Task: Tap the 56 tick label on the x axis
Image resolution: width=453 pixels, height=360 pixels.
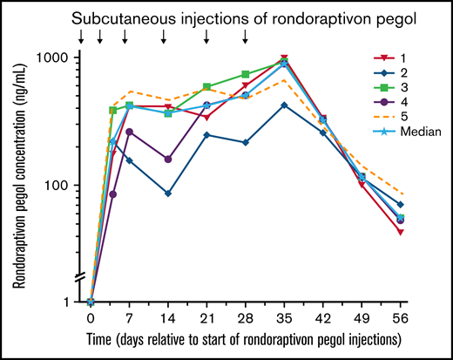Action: point(399,317)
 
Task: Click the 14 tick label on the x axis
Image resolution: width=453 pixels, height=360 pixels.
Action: point(167,317)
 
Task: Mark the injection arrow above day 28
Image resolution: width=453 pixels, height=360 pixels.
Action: point(246,36)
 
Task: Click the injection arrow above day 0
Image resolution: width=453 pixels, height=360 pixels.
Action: point(81,36)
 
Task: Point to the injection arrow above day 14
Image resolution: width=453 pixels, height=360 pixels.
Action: point(165,36)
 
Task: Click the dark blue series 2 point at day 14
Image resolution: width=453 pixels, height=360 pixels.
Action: point(168,194)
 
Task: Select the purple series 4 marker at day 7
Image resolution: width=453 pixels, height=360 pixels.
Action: point(130,132)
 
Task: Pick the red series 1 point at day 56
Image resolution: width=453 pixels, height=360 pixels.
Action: point(400,232)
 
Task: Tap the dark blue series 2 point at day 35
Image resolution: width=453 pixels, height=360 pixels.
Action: point(284,105)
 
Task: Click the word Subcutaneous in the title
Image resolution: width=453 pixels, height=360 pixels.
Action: point(123,17)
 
